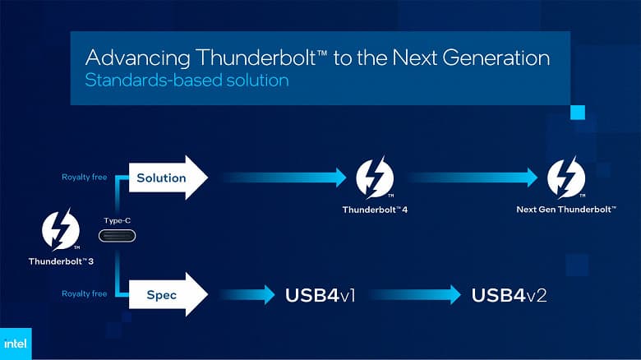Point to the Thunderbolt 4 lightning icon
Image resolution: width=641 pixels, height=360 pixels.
(375, 178)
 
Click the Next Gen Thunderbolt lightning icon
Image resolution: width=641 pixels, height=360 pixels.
(566, 178)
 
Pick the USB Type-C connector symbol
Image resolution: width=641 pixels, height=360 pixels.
(117, 236)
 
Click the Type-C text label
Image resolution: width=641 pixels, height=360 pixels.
(117, 220)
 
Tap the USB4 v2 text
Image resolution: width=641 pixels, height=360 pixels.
(509, 294)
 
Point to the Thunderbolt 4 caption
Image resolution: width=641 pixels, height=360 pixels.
(375, 210)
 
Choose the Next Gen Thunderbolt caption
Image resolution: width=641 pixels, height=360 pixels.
(566, 210)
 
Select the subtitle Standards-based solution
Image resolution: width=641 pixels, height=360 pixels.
(187, 81)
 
